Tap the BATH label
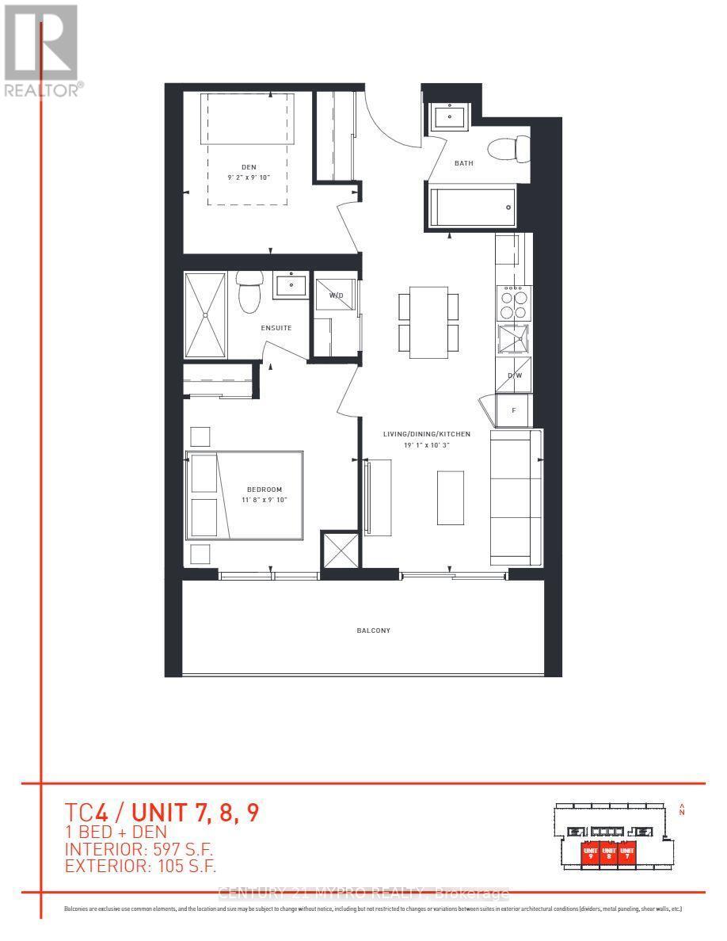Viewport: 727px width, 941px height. pyautogui.click(x=463, y=164)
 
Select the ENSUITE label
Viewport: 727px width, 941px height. pyautogui.click(x=278, y=327)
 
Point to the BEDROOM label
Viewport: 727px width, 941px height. pyautogui.click(x=263, y=490)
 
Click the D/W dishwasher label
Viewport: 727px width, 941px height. pyautogui.click(x=514, y=375)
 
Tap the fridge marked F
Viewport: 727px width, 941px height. pyautogui.click(x=514, y=410)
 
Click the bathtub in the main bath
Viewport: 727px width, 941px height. pyautogui.click(x=473, y=207)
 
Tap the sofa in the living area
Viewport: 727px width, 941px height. pyautogui.click(x=516, y=497)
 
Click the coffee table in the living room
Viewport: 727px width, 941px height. pyautogui.click(x=450, y=497)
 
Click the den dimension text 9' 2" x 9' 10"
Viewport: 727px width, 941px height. pyautogui.click(x=249, y=177)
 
